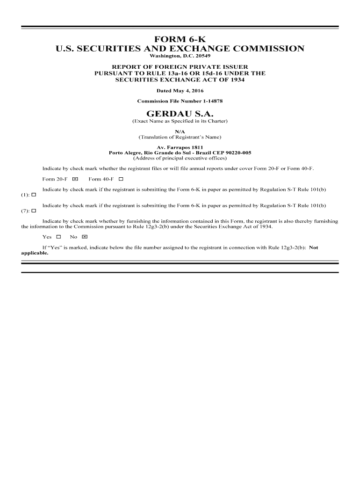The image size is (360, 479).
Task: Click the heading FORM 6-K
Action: pyautogui.click(x=180, y=39)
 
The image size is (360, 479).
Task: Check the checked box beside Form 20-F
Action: pyautogui.click(x=75, y=179)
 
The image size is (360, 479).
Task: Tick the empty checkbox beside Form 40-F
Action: pyautogui.click(x=121, y=179)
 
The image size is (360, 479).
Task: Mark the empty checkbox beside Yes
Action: pyautogui.click(x=58, y=237)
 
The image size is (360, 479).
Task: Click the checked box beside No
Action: pyautogui.click(x=84, y=237)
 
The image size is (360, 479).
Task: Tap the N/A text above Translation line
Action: pyautogui.click(x=180, y=132)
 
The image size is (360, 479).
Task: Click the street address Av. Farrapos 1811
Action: pyautogui.click(x=180, y=147)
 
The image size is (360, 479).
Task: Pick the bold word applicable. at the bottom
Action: pyautogui.click(x=35, y=253)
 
